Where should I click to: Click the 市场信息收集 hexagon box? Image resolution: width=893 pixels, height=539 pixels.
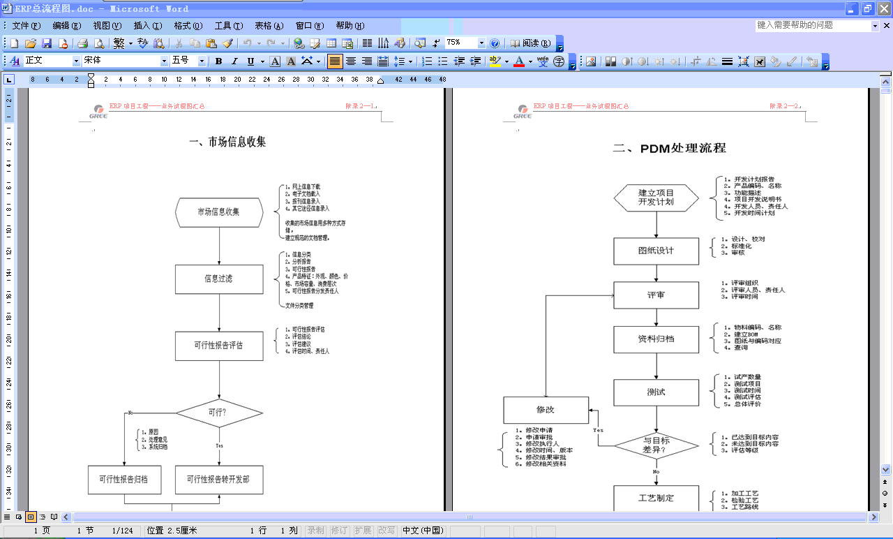219,212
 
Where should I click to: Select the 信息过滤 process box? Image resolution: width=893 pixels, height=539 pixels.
219,279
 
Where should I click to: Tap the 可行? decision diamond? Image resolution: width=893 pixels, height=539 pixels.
219,413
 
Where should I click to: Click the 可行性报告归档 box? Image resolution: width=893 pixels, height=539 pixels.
124,480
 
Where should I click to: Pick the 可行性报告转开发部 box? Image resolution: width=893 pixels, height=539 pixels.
219,480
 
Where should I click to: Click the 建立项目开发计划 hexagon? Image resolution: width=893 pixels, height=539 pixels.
656,198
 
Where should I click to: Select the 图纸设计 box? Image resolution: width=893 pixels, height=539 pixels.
656,251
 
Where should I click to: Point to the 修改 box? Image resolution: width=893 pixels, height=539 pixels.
546,410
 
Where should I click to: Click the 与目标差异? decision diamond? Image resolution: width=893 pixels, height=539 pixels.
656,445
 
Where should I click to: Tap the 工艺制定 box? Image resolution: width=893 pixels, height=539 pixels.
656,499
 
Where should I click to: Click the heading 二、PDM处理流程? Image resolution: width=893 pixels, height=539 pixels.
669,148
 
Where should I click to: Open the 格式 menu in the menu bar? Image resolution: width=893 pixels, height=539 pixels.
187,26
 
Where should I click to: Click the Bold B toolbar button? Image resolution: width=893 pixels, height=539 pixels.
218,61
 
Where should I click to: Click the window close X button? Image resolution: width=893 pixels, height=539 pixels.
883,8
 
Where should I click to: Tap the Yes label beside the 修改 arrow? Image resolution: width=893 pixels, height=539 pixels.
598,431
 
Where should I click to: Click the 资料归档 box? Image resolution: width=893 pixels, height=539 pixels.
656,339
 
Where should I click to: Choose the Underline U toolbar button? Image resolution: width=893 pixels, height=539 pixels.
250,61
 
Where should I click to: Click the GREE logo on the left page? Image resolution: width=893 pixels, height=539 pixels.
98,111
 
